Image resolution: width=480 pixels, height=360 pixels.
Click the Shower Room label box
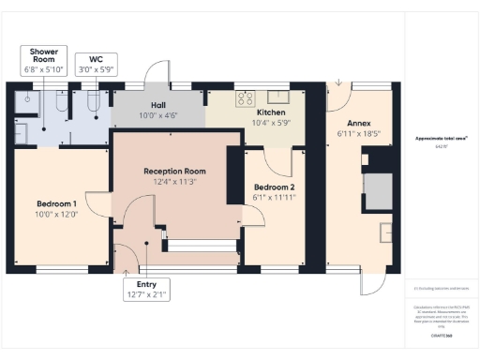pyautogui.click(x=43, y=60)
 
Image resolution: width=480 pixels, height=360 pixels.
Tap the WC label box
pyautogui.click(x=94, y=63)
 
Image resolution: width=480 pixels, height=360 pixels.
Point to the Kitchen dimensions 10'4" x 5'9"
pyautogui.click(x=270, y=122)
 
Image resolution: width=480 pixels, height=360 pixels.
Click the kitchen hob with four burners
pyautogui.click(x=246, y=97)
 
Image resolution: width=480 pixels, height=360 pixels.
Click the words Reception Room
pyautogui.click(x=174, y=172)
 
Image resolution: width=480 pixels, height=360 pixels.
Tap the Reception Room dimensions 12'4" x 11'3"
pyautogui.click(x=174, y=183)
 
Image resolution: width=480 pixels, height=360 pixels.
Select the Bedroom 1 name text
pyautogui.click(x=56, y=203)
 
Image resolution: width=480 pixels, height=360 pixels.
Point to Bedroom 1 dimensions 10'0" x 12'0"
pyautogui.click(x=56, y=215)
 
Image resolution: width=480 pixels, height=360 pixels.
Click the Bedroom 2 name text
pyautogui.click(x=274, y=187)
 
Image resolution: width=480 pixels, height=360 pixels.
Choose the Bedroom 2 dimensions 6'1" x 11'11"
pyautogui.click(x=274, y=198)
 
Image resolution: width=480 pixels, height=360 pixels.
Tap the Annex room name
pyautogui.click(x=359, y=124)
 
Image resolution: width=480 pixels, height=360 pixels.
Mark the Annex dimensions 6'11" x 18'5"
pyautogui.click(x=359, y=135)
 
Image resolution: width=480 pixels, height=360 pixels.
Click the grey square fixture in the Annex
pyautogui.click(x=377, y=192)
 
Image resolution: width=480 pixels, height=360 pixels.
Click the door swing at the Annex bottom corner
pyautogui.click(x=372, y=280)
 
